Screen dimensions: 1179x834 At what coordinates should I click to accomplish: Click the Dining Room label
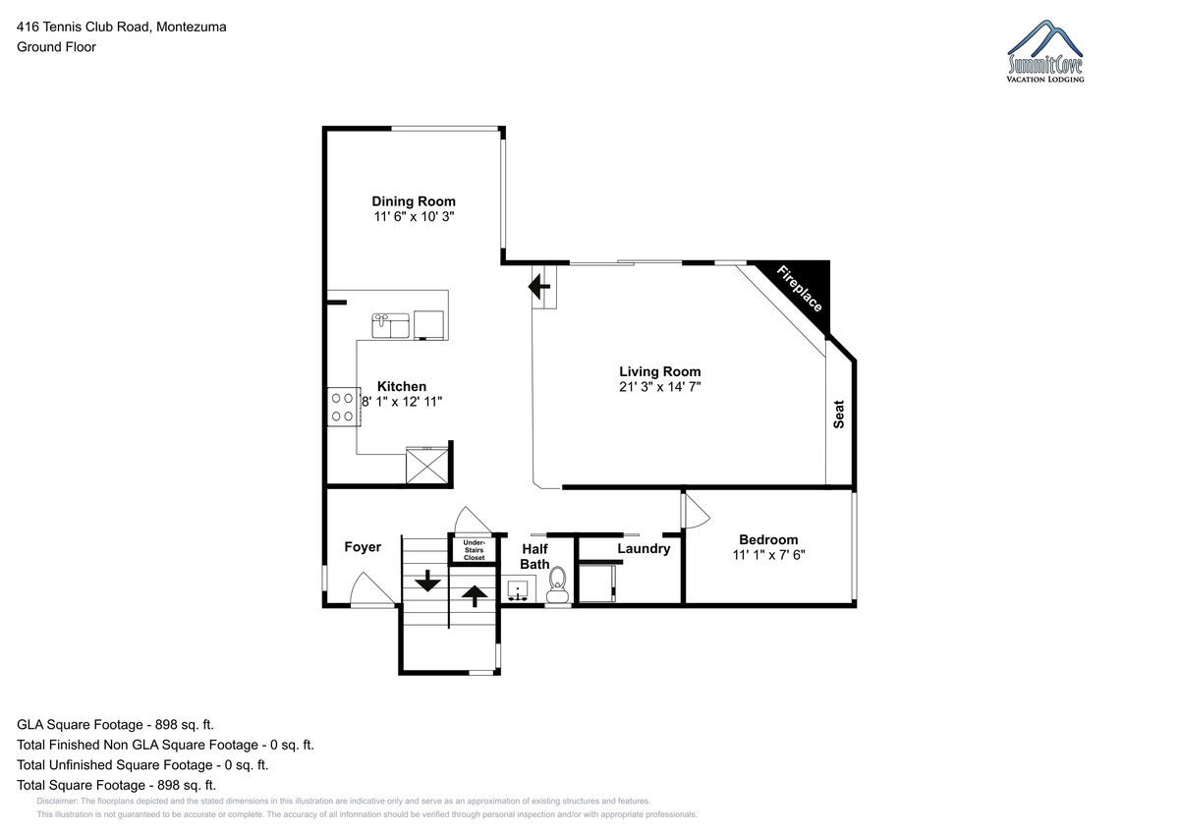414,201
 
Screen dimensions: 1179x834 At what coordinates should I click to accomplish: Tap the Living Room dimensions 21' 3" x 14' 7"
659,387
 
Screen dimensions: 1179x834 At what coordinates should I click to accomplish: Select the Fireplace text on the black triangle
799,289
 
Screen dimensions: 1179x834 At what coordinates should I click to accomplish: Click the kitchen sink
391,326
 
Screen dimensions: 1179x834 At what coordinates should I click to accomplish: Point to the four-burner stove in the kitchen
344,407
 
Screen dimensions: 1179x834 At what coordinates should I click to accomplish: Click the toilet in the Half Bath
557,584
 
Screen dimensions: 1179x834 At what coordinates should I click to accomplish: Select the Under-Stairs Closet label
475,550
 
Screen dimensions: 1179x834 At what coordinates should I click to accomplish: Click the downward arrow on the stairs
427,581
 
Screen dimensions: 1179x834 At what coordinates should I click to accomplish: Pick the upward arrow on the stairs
475,596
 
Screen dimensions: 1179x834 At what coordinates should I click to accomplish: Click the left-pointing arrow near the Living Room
539,287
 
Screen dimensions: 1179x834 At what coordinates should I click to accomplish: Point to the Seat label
838,415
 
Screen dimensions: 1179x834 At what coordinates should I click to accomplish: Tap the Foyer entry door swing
372,589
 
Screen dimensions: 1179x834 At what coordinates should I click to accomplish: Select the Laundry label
644,549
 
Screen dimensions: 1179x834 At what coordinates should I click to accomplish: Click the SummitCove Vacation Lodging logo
1045,51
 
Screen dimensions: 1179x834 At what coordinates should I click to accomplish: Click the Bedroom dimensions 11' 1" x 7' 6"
768,555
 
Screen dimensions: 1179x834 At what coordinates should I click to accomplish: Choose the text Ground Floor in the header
56,47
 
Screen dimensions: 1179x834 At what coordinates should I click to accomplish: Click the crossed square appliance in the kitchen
427,466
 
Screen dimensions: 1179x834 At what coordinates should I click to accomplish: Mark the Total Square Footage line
116,785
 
